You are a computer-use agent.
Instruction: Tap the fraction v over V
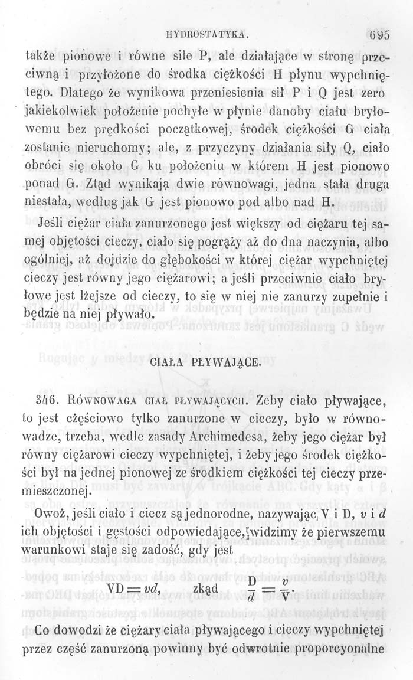pos(284,590)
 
